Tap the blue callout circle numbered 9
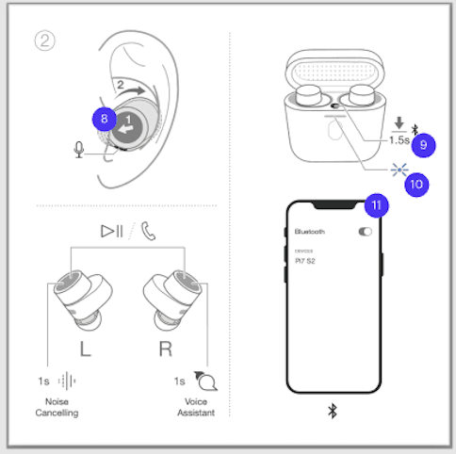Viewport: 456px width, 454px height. coord(424,144)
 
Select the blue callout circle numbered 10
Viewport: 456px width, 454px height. coord(415,184)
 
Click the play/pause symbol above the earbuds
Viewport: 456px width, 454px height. coord(113,230)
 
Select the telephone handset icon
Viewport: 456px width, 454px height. coord(149,230)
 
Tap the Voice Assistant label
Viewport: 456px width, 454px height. coord(196,407)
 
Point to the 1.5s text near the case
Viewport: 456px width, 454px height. coord(399,139)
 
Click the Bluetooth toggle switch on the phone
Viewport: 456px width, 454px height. coord(366,232)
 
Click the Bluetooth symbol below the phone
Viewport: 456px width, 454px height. coord(332,411)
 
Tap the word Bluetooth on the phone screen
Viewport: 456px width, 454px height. coord(310,232)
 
